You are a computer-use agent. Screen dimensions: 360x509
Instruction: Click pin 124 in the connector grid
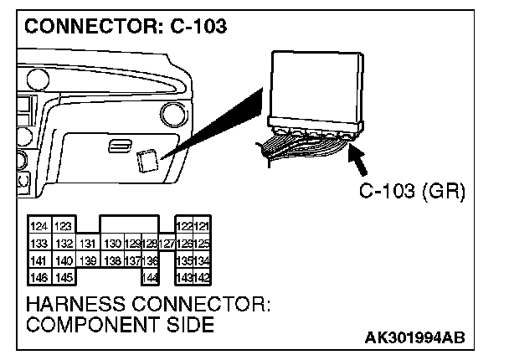39,227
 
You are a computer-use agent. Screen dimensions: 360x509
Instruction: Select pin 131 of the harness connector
88,244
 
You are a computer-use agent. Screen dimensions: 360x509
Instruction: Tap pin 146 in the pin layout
39,276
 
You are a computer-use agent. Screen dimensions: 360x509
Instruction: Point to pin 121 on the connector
202,227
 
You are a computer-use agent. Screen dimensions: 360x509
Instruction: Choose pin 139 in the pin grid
88,260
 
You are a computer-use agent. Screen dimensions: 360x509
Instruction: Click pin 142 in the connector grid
202,276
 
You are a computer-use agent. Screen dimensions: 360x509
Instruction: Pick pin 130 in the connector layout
111,244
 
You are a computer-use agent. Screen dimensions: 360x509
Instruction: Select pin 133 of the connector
39,244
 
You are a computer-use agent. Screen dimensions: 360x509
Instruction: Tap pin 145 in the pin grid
62,276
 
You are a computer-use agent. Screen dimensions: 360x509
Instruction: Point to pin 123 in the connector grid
62,227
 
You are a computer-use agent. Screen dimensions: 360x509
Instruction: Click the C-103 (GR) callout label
411,192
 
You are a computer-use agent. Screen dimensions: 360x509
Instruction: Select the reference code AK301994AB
414,338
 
